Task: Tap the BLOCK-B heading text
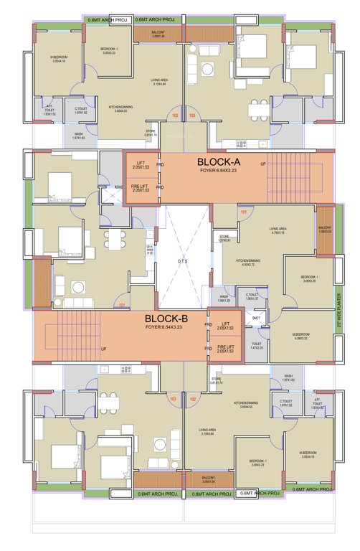point(166,319)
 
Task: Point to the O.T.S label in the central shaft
point(183,261)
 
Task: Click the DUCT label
point(256,318)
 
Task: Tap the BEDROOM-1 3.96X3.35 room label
point(309,278)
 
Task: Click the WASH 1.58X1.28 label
point(224,298)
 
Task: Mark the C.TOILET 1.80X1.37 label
point(252,296)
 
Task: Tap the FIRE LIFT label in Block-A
point(140,188)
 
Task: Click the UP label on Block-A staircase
point(263,164)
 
